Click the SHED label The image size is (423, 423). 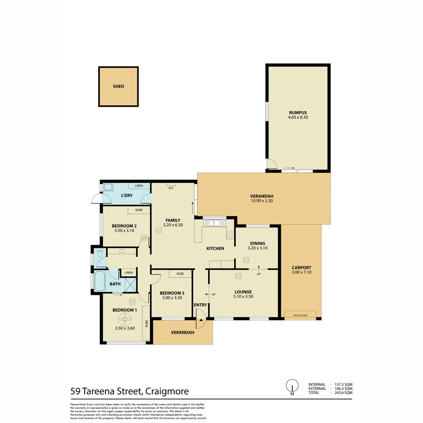tap(118, 86)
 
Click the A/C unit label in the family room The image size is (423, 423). tap(171, 188)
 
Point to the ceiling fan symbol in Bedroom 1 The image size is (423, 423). tap(125, 320)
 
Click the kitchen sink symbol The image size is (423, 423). tap(215, 223)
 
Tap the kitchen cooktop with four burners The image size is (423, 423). tap(230, 235)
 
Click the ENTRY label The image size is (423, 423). tap(201, 305)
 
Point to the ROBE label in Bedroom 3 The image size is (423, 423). tap(180, 274)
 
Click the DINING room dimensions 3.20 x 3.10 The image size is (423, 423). tap(257, 248)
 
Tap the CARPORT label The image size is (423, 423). tap(301, 268)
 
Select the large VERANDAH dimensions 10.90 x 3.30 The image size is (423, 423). tap(261, 201)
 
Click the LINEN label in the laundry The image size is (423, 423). tap(139, 186)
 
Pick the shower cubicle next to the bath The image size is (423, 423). tap(130, 284)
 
